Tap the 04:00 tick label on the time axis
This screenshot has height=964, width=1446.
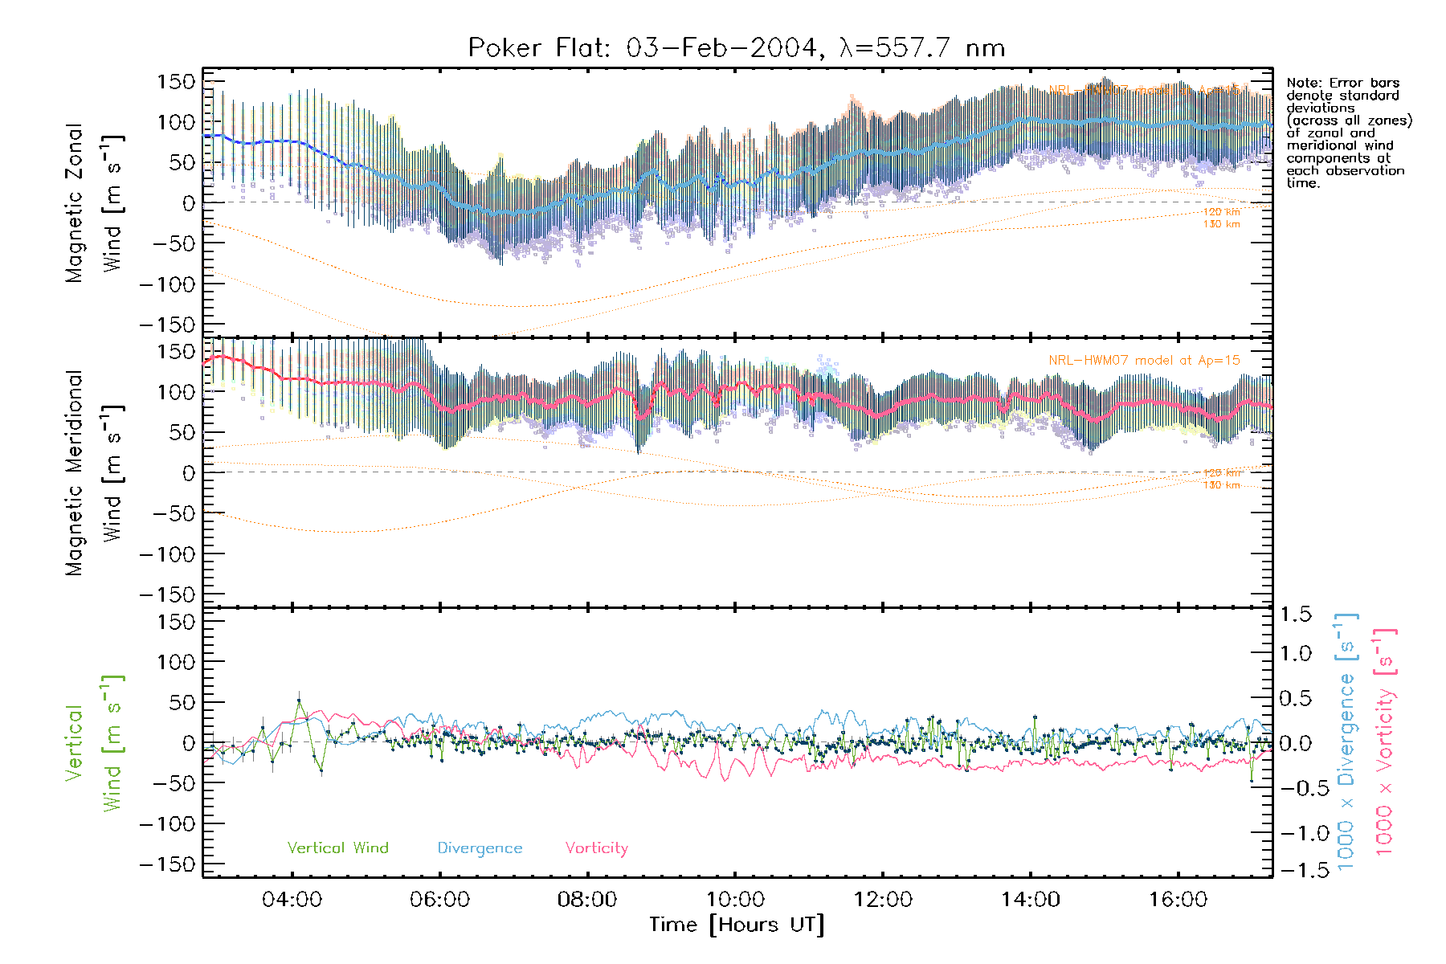pyautogui.click(x=292, y=900)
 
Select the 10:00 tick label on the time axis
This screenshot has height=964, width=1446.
pyautogui.click(x=735, y=900)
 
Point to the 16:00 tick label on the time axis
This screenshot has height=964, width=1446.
pyautogui.click(x=1178, y=900)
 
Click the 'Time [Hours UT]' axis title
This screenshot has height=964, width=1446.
pyautogui.click(x=736, y=925)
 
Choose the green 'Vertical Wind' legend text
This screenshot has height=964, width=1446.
pyautogui.click(x=337, y=848)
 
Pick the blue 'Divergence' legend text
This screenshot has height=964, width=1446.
pyautogui.click(x=480, y=848)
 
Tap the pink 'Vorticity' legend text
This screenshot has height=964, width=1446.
pyautogui.click(x=596, y=848)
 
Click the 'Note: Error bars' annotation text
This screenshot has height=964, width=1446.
pyautogui.click(x=1342, y=84)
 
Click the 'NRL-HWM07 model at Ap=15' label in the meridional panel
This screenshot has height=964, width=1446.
pyautogui.click(x=1144, y=361)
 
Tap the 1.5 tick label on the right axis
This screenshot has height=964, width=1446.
pyautogui.click(x=1295, y=615)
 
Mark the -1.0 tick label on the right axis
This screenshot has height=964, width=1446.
pyautogui.click(x=1295, y=833)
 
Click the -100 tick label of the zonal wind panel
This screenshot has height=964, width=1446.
pyautogui.click(x=168, y=284)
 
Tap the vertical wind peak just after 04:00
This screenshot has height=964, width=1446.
pyautogui.click(x=299, y=701)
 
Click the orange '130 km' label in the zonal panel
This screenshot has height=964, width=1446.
pyautogui.click(x=1221, y=224)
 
